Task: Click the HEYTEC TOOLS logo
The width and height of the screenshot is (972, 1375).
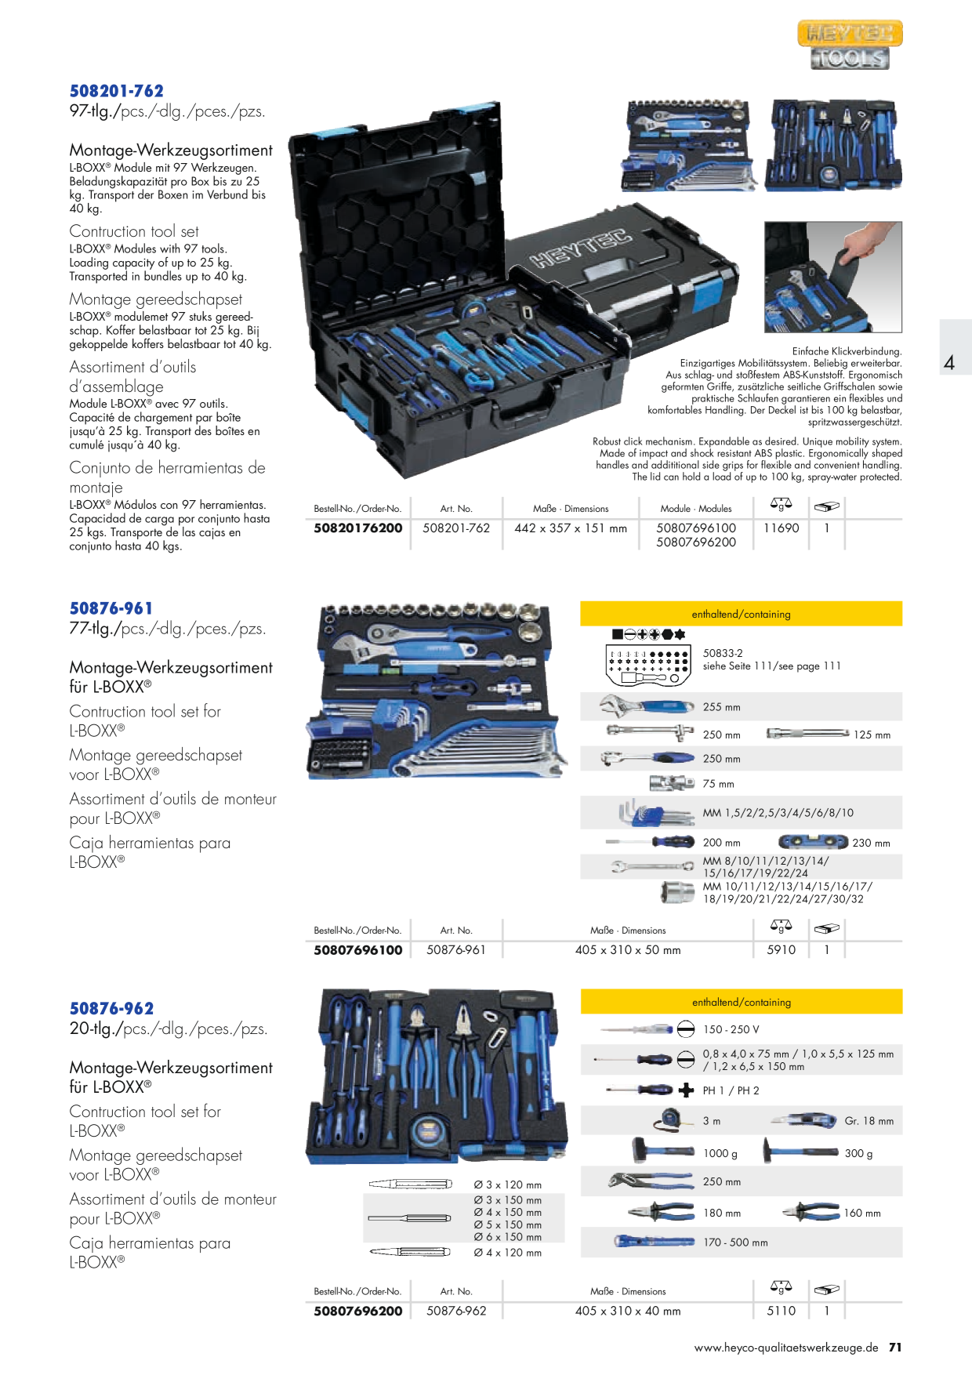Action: click(x=850, y=45)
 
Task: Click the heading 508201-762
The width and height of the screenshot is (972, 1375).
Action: click(x=117, y=91)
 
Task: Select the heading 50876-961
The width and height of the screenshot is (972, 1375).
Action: click(x=111, y=608)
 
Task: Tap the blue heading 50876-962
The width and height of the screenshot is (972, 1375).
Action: click(x=111, y=1009)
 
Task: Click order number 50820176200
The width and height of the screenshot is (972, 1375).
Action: click(x=358, y=528)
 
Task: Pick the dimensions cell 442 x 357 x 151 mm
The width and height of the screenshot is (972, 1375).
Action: click(x=571, y=528)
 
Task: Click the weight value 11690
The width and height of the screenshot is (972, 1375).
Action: click(x=782, y=528)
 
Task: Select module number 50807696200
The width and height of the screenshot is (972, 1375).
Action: click(x=696, y=542)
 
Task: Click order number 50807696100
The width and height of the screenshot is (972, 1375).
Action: click(x=358, y=950)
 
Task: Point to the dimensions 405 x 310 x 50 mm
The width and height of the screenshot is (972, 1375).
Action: click(x=628, y=950)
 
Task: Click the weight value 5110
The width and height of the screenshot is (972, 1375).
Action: click(x=782, y=1311)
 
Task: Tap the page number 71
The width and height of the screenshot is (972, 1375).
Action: click(x=895, y=1348)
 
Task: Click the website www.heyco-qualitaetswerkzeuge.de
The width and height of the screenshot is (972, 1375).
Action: click(x=786, y=1348)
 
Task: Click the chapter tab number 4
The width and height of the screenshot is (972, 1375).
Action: click(x=949, y=363)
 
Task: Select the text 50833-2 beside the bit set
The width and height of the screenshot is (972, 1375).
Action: click(x=723, y=653)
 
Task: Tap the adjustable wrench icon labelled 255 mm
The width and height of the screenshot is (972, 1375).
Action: click(x=647, y=706)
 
